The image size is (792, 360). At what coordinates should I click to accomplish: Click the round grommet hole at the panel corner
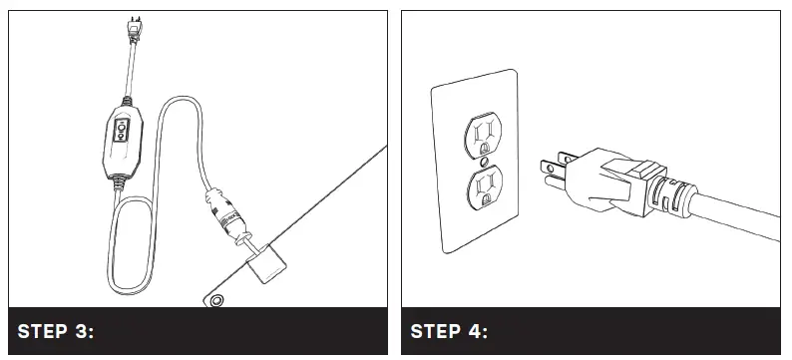213,300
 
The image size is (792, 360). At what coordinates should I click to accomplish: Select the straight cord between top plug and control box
130,76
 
